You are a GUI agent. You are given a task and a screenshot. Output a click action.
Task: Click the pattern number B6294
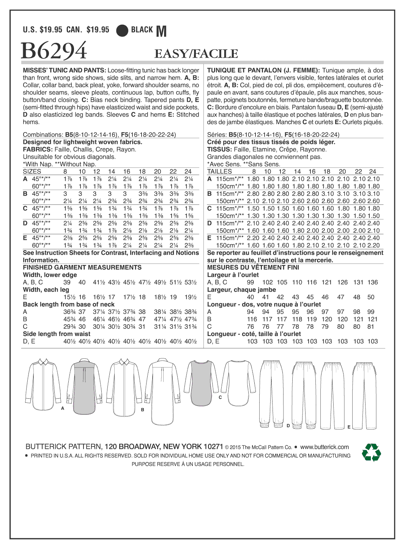54,51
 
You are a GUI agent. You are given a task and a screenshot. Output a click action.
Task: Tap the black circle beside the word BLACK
122,30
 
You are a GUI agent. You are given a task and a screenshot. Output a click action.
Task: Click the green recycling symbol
371,453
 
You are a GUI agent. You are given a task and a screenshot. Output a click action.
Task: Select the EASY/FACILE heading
196,54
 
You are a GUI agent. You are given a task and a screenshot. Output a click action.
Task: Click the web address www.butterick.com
324,447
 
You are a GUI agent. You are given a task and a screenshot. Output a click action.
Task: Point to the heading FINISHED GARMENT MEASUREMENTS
82,267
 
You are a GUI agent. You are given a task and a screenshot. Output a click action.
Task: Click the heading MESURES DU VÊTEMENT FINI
253,267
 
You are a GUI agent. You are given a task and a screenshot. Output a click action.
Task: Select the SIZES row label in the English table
32,172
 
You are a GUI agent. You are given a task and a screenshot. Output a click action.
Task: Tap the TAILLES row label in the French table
219,172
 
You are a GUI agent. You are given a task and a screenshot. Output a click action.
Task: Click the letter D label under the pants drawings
288,426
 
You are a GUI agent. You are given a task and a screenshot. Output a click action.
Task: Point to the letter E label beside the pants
349,427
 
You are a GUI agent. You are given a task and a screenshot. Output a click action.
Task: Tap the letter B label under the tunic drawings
142,410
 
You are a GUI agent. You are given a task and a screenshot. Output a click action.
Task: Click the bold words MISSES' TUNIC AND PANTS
64,70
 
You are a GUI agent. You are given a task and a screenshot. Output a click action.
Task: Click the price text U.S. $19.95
43,30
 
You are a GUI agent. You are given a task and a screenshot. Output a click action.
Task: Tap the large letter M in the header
161,32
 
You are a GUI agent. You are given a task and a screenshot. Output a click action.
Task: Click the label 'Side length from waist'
57,334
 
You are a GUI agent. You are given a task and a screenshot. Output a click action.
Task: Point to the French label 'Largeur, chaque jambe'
241,290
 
